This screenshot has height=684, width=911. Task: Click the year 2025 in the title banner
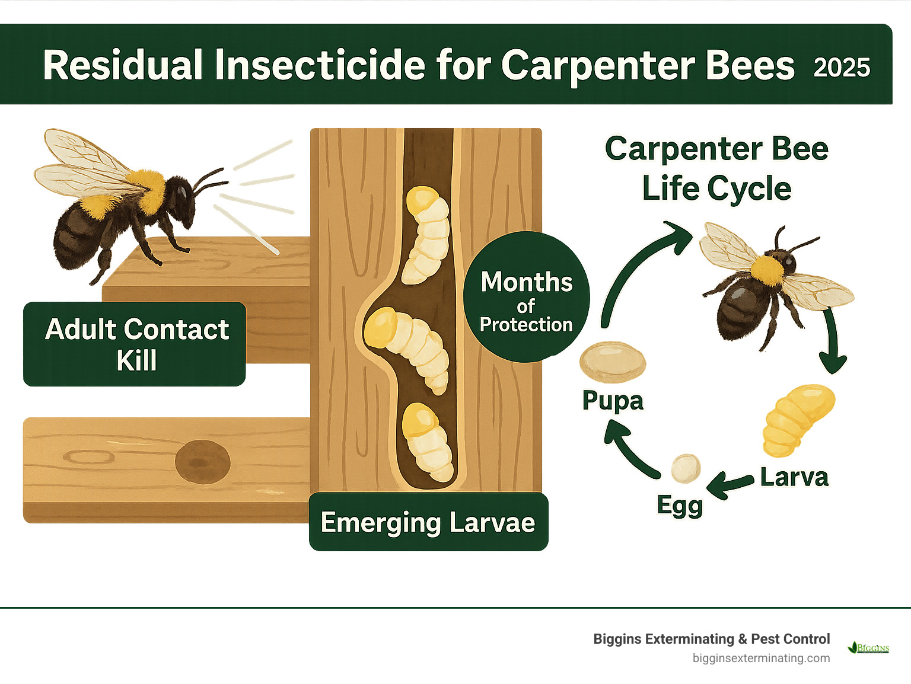tap(842, 68)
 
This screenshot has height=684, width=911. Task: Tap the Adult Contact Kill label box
tap(135, 344)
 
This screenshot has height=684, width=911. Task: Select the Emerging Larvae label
tap(428, 522)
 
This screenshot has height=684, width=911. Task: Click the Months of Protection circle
tap(526, 297)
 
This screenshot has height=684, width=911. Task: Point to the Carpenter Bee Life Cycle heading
tap(716, 168)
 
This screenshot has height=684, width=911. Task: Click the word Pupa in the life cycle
tap(613, 401)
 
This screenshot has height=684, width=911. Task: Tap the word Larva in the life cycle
tap(794, 477)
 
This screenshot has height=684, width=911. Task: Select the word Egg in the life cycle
tap(680, 506)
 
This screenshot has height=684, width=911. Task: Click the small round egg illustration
tap(686, 468)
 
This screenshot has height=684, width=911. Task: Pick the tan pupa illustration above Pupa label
tap(612, 362)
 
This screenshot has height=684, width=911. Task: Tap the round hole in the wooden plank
tap(202, 462)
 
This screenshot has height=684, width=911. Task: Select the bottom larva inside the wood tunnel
tap(427, 442)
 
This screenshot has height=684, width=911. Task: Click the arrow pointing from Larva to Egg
tap(731, 483)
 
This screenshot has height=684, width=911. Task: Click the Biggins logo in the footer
tap(869, 648)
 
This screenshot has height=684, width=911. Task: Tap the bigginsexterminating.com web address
tap(761, 658)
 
